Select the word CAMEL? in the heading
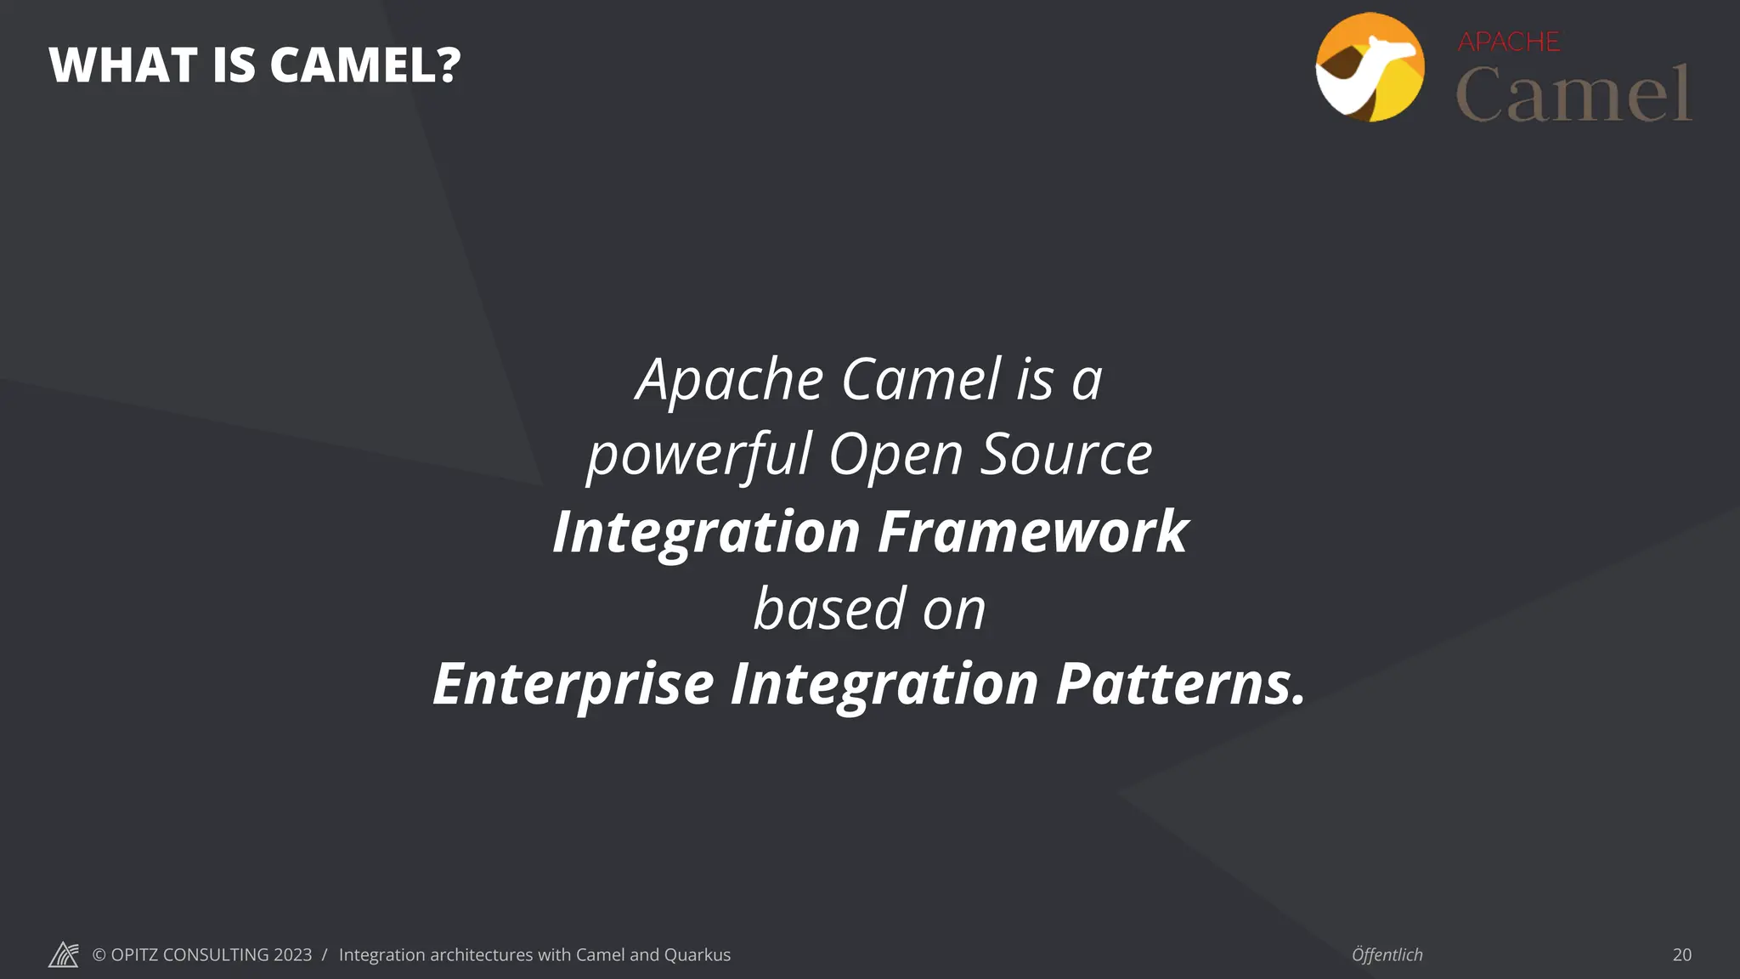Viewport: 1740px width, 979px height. click(x=365, y=65)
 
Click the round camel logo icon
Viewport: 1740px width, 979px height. click(x=1370, y=67)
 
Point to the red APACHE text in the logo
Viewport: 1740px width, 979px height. click(x=1509, y=42)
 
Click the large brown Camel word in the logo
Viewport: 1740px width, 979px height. click(x=1573, y=94)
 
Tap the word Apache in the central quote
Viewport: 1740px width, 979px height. click(x=730, y=380)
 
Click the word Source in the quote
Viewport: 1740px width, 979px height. click(x=1066, y=455)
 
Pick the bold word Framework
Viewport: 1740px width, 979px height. click(x=1032, y=532)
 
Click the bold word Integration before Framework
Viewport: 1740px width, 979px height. click(x=706, y=532)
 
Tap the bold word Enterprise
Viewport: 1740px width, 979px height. click(x=573, y=684)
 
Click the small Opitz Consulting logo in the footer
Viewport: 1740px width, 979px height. click(x=63, y=954)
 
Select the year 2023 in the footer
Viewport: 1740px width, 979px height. click(x=292, y=954)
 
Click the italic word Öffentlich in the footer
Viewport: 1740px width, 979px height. click(x=1387, y=954)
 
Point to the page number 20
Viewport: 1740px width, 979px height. click(x=1681, y=954)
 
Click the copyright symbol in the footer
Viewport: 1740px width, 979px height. click(x=99, y=954)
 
